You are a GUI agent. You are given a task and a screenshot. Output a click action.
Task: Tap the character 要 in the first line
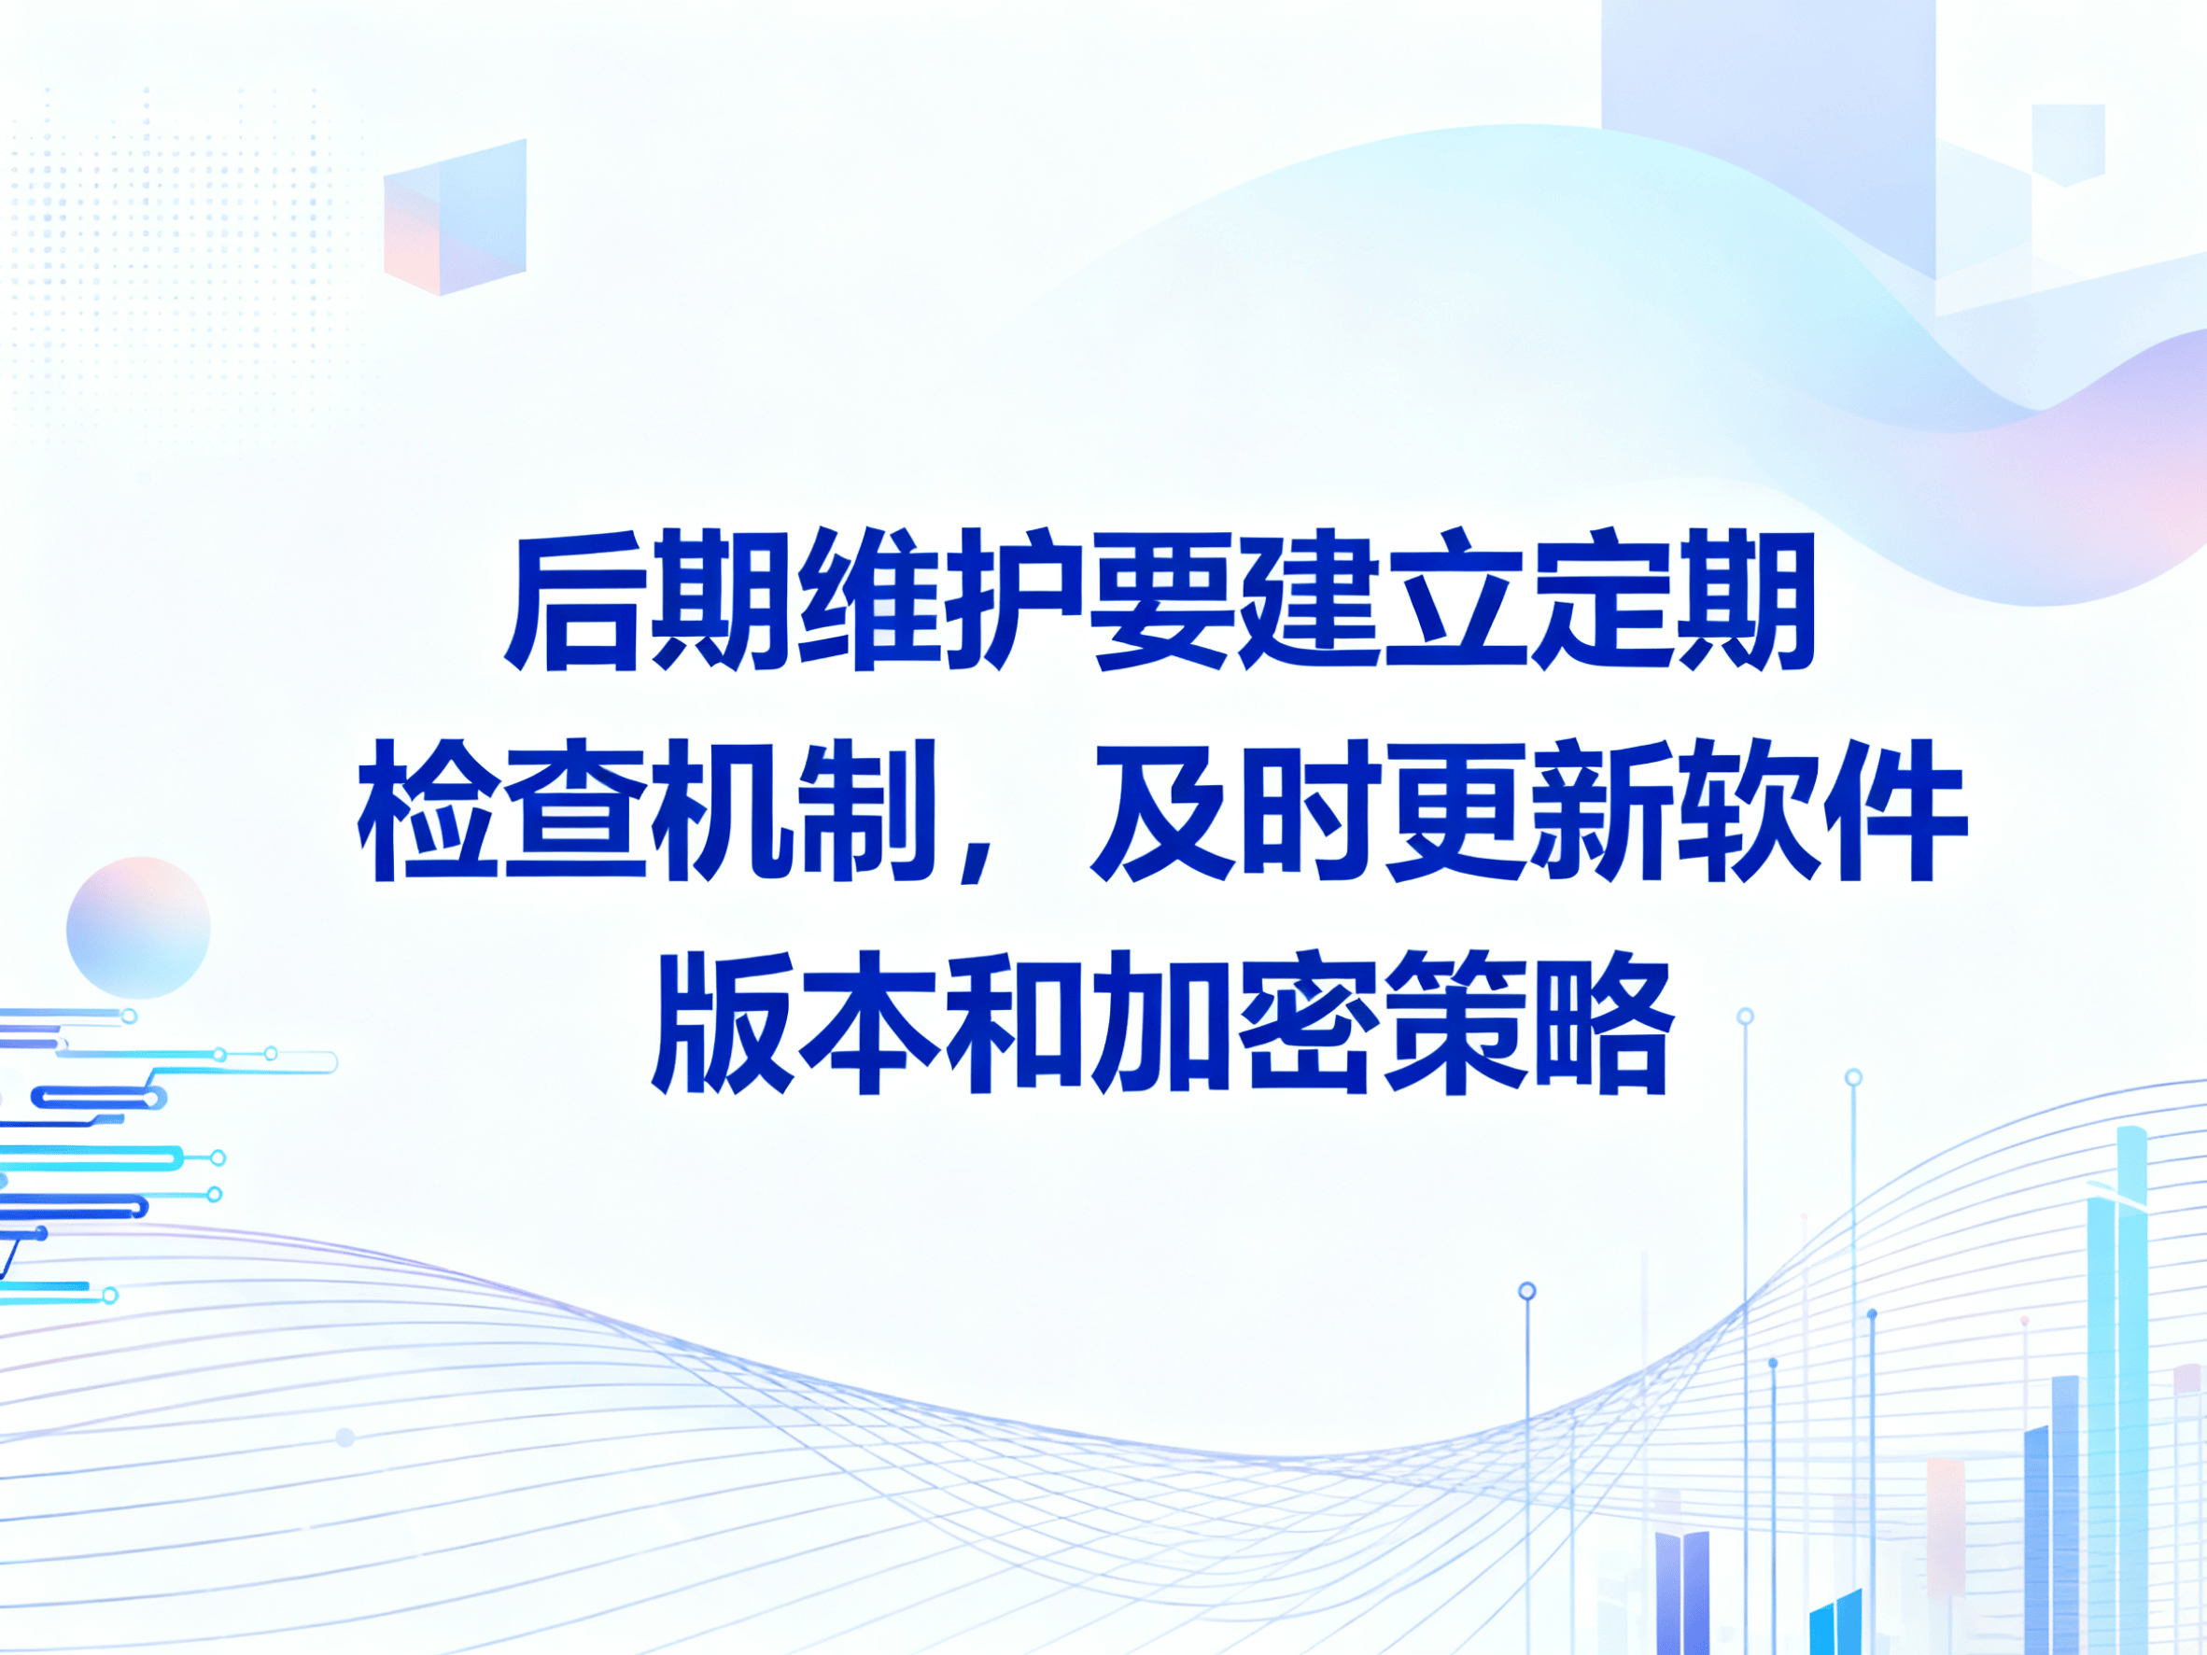(1158, 603)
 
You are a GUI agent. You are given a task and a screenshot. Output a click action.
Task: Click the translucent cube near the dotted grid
(455, 217)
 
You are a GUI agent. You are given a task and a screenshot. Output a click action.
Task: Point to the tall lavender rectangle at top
(1769, 130)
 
